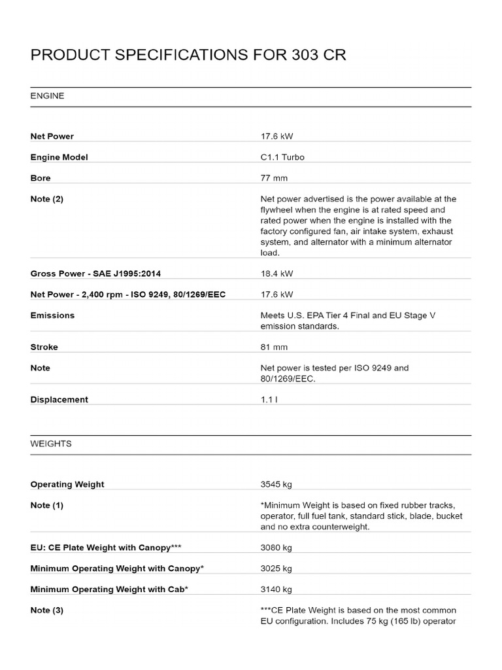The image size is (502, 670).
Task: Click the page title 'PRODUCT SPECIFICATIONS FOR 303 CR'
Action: [188, 55]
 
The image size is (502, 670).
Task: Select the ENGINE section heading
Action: [47, 96]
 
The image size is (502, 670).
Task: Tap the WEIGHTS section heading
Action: [51, 444]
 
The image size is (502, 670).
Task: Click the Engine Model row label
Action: [59, 157]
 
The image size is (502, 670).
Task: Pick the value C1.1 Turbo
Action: [282, 157]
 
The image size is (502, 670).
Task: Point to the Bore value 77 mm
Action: [274, 178]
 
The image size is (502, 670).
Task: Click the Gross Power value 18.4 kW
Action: [276, 273]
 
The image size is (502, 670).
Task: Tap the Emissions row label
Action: [52, 315]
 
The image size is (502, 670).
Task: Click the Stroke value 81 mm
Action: [274, 347]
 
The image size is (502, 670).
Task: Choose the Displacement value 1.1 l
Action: [269, 399]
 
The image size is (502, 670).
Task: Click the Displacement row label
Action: [59, 399]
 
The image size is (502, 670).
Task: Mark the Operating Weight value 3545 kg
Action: [276, 484]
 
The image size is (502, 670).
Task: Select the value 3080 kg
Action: [276, 547]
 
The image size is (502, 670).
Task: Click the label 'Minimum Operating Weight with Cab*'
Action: [109, 589]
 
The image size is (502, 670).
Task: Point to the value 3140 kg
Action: [276, 589]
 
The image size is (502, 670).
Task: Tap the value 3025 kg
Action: [276, 568]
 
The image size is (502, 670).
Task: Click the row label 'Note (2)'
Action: [47, 199]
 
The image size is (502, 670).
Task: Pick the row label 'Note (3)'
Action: [47, 610]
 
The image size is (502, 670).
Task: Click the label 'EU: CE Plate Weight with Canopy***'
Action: [106, 547]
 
